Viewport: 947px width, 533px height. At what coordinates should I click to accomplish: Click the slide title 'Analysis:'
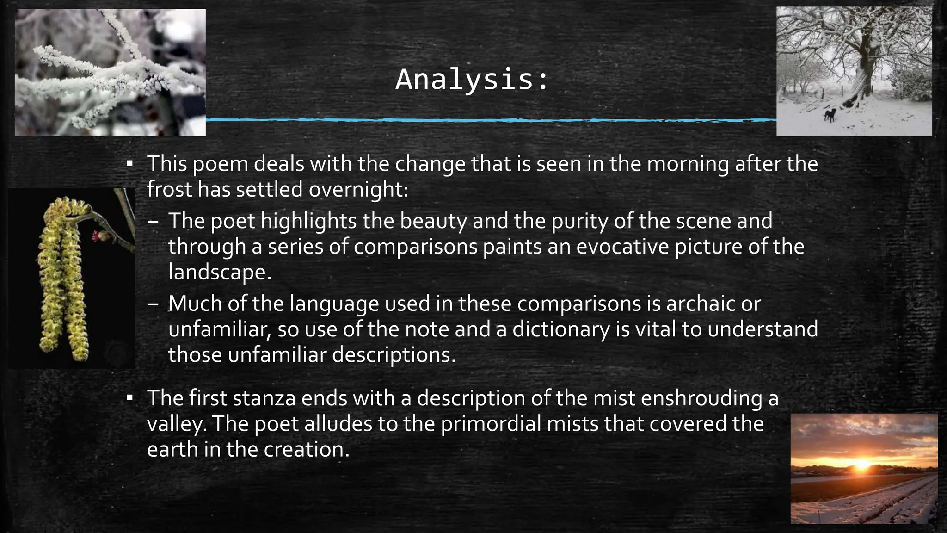[x=472, y=80]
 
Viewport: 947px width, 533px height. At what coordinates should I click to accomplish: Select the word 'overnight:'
[x=359, y=189]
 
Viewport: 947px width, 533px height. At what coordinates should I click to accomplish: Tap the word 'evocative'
[x=622, y=246]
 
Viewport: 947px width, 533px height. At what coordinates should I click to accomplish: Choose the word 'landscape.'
[x=220, y=272]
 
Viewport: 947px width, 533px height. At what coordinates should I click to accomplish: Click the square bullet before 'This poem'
[x=130, y=164]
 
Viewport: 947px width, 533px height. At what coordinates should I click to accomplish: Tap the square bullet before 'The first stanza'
[x=130, y=398]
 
